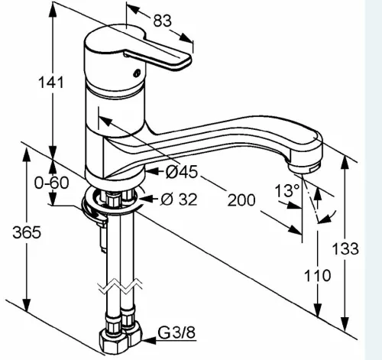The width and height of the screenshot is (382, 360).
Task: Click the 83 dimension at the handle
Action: [x=162, y=21]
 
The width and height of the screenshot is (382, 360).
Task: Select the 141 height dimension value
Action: [x=50, y=83]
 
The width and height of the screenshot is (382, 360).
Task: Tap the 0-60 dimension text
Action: [x=52, y=183]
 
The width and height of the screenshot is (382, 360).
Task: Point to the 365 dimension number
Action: [x=27, y=232]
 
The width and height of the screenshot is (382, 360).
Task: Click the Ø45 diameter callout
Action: [x=181, y=172]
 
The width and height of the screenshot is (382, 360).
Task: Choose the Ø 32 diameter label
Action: [x=179, y=199]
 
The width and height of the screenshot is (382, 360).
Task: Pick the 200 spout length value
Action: [x=241, y=199]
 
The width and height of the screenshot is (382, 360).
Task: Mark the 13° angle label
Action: [x=287, y=190]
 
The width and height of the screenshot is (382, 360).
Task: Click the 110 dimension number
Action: [x=317, y=275]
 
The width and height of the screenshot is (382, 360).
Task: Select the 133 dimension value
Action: [x=345, y=248]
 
